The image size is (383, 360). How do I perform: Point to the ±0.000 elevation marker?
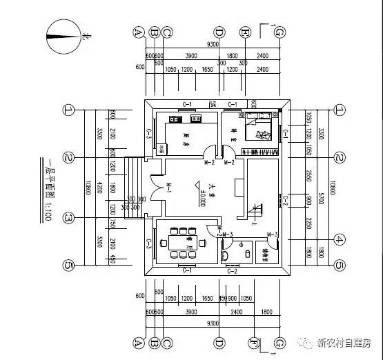tap(202, 192)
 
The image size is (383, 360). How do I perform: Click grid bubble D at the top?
tap(219, 32)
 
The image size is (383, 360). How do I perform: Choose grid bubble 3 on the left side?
tap(68, 218)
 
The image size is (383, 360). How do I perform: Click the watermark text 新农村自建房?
tap(343, 342)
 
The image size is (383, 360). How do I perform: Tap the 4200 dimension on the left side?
tap(101, 188)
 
